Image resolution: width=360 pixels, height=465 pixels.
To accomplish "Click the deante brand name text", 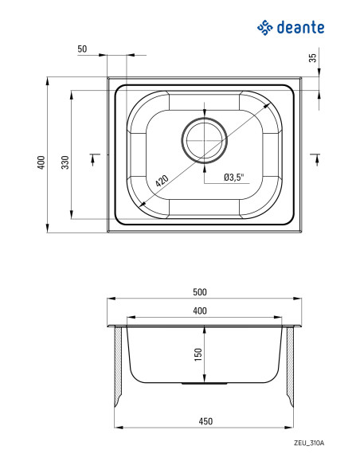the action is pos(300,28).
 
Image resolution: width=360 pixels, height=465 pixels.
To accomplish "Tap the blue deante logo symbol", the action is pos(264,28).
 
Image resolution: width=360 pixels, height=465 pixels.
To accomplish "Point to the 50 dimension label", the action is pos(83,49).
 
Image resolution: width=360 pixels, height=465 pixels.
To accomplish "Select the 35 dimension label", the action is pos(313,57).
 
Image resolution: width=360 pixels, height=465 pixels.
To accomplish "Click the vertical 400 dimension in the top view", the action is pos(41,162).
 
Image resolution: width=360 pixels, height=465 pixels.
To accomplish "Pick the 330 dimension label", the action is pos(65,162).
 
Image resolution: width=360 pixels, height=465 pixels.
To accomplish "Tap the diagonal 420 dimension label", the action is pos(162,181).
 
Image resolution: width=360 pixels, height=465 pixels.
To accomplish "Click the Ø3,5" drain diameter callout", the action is pos(233,178).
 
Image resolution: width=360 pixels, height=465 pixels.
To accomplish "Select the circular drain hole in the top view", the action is pos(205,140).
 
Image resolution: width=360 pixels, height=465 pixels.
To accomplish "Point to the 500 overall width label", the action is pos(200,292).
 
